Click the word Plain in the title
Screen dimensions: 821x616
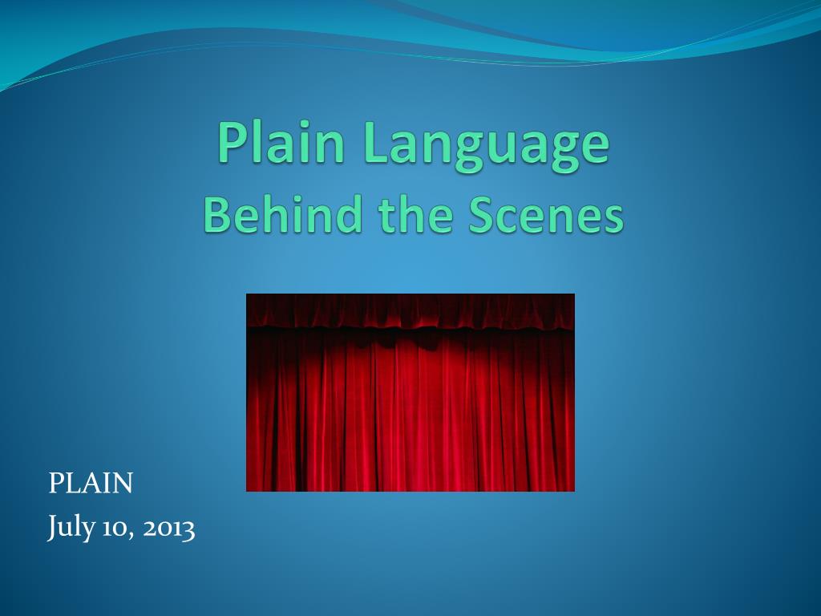[281, 142]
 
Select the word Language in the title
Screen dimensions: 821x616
[487, 146]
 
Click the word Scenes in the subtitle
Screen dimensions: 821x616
[545, 215]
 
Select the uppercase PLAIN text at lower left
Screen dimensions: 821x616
[91, 483]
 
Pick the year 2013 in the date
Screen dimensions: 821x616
[168, 528]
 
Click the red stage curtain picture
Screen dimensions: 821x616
[410, 392]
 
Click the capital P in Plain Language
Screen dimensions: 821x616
[232, 142]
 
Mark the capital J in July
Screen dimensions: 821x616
[52, 527]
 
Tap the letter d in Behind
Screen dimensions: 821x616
[348, 213]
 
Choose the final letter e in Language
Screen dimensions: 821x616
[596, 148]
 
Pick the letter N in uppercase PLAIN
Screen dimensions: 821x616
[122, 483]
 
